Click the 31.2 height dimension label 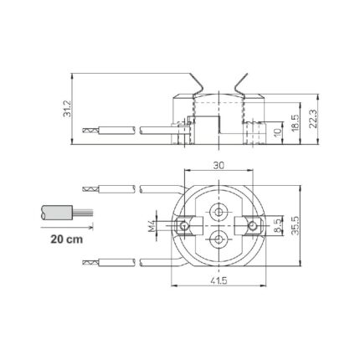[67, 109]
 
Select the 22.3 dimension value [313, 119]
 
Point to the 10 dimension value [277, 133]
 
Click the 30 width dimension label [219, 166]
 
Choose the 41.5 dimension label [219, 280]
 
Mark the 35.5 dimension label [295, 225]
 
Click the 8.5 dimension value [278, 226]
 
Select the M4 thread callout [152, 226]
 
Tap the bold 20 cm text [67, 239]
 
